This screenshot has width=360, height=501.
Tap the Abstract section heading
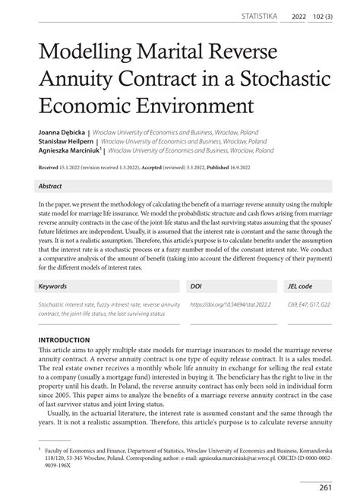[52, 185]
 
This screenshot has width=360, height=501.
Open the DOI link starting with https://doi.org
[228, 305]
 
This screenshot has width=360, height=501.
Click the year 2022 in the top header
[298, 15]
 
